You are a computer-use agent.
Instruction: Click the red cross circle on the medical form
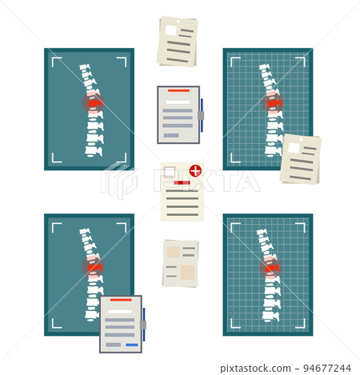point(195,170)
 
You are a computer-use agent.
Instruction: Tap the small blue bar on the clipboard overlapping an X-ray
point(132,345)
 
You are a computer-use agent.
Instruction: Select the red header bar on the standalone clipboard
point(178,90)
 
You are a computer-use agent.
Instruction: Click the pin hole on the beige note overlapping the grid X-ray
point(301,139)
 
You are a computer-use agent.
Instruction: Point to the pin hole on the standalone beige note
point(178,22)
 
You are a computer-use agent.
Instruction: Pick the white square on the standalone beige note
point(170,30)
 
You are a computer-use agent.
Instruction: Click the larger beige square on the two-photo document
point(187,273)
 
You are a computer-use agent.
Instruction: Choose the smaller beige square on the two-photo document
point(173,252)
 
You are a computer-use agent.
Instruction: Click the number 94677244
point(327,369)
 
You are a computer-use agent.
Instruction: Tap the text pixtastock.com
point(255,369)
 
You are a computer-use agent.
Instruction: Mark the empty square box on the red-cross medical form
point(170,172)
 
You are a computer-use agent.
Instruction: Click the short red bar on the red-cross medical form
point(182,182)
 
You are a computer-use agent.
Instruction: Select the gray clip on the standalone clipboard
point(201,116)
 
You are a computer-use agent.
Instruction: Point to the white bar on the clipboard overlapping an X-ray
point(120,312)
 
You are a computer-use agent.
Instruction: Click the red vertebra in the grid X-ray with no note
point(271,268)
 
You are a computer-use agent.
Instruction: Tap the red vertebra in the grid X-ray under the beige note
point(274,103)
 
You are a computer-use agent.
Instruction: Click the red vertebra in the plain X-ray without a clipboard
point(95,103)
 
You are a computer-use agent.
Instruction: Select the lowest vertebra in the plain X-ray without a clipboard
point(94,151)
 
